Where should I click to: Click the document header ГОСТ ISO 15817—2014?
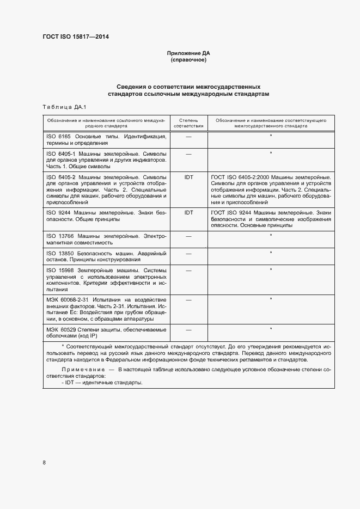tap(79, 38)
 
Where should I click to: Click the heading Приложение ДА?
tap(188, 53)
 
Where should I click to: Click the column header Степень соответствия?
tap(188, 122)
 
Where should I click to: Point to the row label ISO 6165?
tap(58, 136)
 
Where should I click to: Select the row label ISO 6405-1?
tap(60, 154)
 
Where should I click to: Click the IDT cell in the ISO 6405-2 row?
tap(188, 177)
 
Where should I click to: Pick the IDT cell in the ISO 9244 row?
tap(188, 212)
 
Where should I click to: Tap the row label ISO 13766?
tap(59, 236)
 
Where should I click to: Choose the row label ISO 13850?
tap(59, 253)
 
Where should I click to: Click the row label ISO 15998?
tap(59, 270)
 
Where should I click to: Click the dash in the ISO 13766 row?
tap(188, 236)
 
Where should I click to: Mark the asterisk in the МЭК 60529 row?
tap(271, 329)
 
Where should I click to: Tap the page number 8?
tap(44, 462)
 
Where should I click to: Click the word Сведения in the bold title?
tap(132, 87)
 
